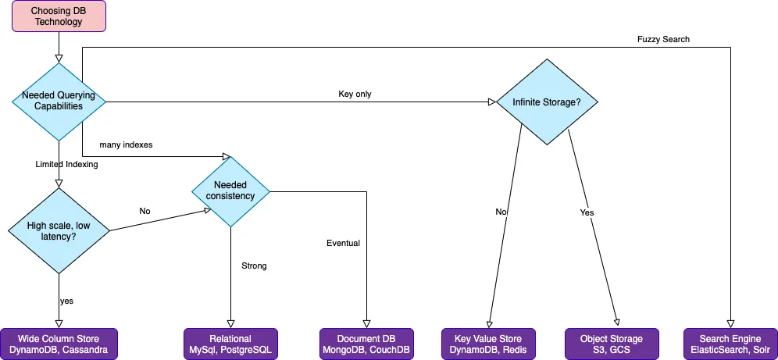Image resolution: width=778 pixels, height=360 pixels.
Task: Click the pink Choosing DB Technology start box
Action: (58, 16)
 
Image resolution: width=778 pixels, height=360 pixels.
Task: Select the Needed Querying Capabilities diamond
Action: (59, 101)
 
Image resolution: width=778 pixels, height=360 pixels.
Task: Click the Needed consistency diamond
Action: (230, 191)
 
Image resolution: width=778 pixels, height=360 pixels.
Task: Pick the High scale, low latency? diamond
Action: (59, 230)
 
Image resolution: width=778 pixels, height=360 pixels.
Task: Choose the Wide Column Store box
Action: (59, 344)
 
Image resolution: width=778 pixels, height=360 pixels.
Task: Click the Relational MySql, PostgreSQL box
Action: (230, 344)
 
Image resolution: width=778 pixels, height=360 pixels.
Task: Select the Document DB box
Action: (366, 344)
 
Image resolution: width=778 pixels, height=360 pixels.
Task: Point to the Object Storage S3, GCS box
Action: (612, 344)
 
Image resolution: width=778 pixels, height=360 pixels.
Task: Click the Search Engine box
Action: (730, 344)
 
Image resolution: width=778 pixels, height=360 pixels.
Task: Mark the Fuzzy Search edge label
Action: (664, 40)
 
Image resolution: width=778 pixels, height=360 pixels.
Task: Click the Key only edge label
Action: (355, 94)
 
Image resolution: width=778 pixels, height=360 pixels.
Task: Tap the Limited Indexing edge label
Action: (66, 164)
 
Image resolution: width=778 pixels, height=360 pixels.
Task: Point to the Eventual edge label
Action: (343, 243)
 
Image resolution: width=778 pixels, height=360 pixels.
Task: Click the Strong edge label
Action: (254, 266)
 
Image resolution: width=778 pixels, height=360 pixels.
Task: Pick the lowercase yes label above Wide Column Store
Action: (66, 301)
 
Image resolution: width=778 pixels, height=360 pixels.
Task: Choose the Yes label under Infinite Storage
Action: (587, 212)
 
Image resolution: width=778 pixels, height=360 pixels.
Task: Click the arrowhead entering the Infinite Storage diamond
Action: (492, 102)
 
